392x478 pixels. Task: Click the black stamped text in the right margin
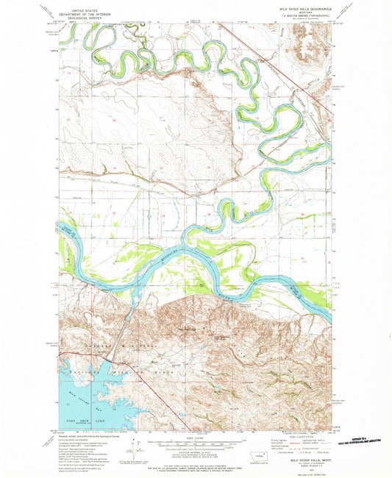pos(360,437)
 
